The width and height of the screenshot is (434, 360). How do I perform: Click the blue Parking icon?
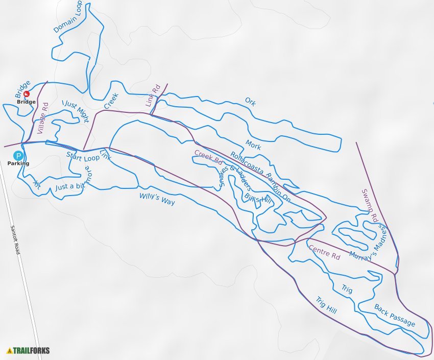[x=18, y=155]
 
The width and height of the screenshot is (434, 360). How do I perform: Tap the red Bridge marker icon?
[x=27, y=93]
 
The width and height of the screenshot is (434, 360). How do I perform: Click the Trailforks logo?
[x=28, y=351]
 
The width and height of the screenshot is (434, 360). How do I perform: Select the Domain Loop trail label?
[x=68, y=17]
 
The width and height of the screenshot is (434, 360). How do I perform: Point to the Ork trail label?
[x=250, y=102]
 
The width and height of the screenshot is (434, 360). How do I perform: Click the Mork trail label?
[x=253, y=145]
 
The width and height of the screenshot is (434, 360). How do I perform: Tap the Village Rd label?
[x=42, y=118]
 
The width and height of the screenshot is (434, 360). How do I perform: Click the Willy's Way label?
[x=157, y=199]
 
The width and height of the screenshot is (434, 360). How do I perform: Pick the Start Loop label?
[x=83, y=157]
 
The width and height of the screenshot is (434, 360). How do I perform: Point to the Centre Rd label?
[x=324, y=252]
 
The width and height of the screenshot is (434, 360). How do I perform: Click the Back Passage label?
[x=395, y=315]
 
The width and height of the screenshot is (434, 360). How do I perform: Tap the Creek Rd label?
[x=208, y=158]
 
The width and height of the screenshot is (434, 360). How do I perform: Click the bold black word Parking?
[x=18, y=163]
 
